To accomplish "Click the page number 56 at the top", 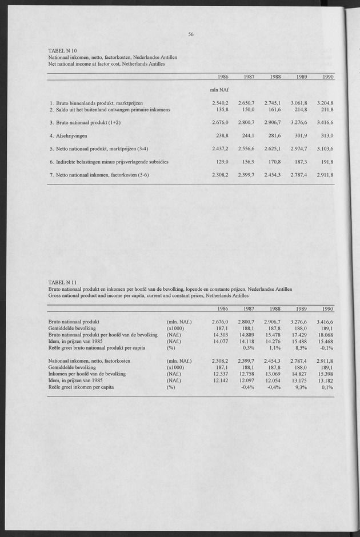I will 191,34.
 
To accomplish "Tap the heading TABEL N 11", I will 65,283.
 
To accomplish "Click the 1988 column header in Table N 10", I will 274,77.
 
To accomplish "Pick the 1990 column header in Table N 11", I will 327,308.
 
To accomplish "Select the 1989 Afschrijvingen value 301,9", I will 301,135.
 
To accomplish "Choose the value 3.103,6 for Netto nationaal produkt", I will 325,149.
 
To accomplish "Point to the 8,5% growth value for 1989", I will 301,347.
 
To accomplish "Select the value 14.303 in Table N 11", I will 221,334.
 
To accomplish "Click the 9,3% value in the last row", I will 301,387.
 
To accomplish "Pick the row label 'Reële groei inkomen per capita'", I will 81,387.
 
